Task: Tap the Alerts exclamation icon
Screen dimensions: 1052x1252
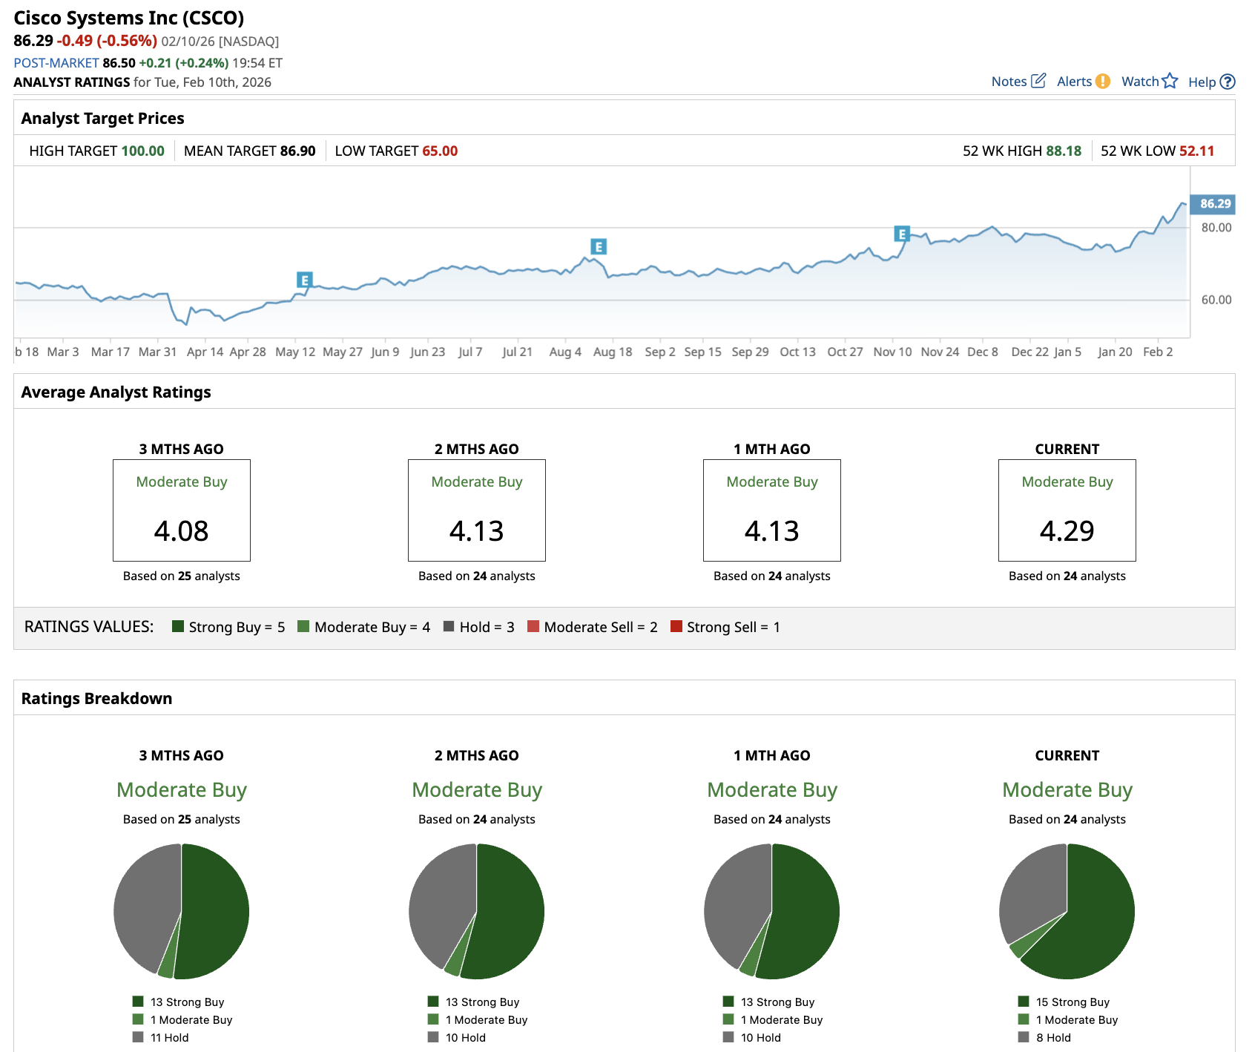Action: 1103,82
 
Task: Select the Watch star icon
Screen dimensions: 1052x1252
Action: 1170,81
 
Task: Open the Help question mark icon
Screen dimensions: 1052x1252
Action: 1228,82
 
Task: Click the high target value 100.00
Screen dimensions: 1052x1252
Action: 142,151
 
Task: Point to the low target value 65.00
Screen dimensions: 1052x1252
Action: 440,151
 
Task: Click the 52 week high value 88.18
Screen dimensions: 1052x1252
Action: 1064,151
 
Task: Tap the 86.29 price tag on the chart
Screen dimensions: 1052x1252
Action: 1215,204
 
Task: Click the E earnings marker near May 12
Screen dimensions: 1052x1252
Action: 304,280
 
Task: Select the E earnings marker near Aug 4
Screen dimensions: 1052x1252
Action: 599,246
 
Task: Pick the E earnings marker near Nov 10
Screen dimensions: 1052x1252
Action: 902,234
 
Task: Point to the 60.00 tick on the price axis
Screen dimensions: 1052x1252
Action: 1216,300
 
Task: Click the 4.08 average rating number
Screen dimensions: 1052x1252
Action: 181,531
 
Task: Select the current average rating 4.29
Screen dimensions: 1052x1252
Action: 1067,531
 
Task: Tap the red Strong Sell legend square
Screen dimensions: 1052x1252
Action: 676,626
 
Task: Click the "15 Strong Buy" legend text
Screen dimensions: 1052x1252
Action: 1073,1002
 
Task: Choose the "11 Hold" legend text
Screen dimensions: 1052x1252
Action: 169,1038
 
